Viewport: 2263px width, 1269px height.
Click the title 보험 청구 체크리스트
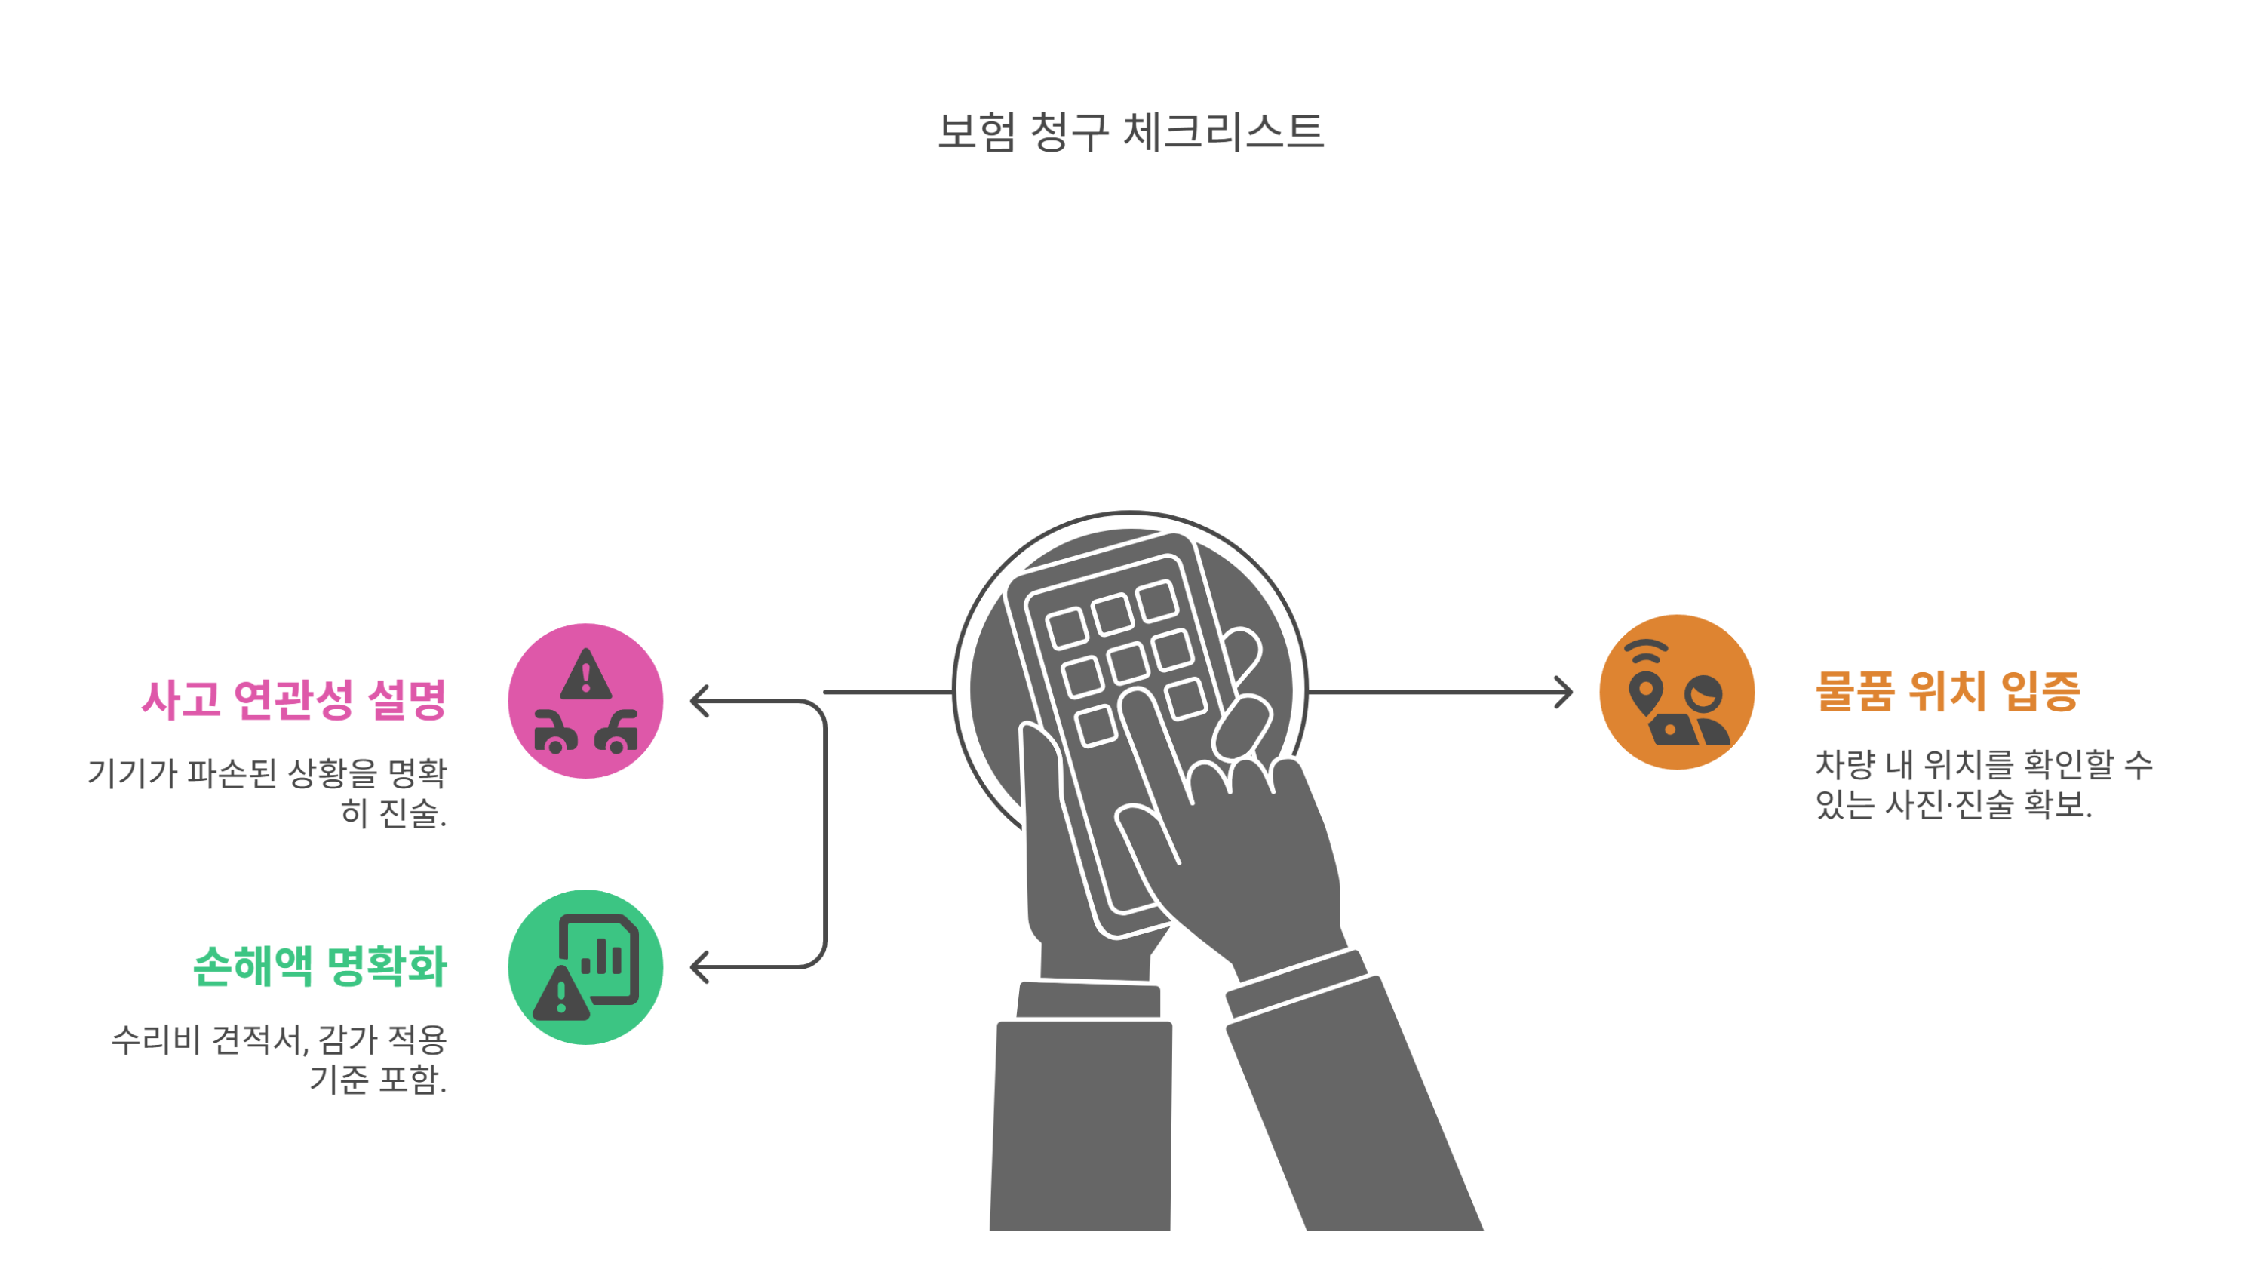(x=1131, y=132)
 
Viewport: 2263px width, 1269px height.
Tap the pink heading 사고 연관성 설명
(x=293, y=700)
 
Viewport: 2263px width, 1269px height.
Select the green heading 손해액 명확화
(x=320, y=966)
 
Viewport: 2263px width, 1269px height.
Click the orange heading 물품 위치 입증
(x=1947, y=692)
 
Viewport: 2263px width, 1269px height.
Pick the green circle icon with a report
(x=585, y=966)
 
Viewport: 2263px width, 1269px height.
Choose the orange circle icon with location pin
(x=1676, y=692)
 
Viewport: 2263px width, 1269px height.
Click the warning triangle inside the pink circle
(x=585, y=677)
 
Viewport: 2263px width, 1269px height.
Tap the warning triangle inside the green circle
(x=560, y=996)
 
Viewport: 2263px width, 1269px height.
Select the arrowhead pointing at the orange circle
(x=1564, y=692)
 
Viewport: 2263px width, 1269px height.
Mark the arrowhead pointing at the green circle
(x=699, y=966)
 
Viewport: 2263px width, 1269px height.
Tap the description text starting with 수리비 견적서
(x=279, y=1059)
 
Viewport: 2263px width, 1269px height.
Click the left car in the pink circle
(x=555, y=733)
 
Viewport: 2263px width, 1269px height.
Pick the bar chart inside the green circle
(x=602, y=957)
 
